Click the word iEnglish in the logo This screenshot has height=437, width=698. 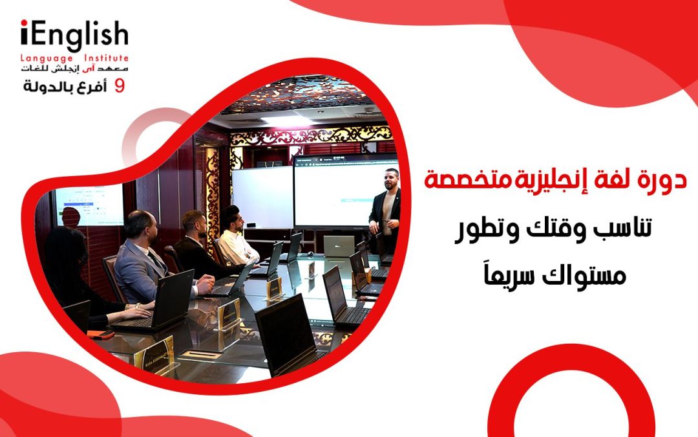click(74, 35)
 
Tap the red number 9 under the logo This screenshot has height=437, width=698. click(119, 85)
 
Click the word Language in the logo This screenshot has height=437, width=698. click(47, 58)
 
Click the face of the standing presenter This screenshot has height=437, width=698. click(392, 180)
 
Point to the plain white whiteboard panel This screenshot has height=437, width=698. click(262, 197)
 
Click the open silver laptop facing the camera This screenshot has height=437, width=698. click(339, 246)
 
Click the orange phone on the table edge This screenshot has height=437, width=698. click(101, 334)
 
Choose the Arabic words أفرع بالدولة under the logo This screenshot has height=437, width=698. click(65, 86)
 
